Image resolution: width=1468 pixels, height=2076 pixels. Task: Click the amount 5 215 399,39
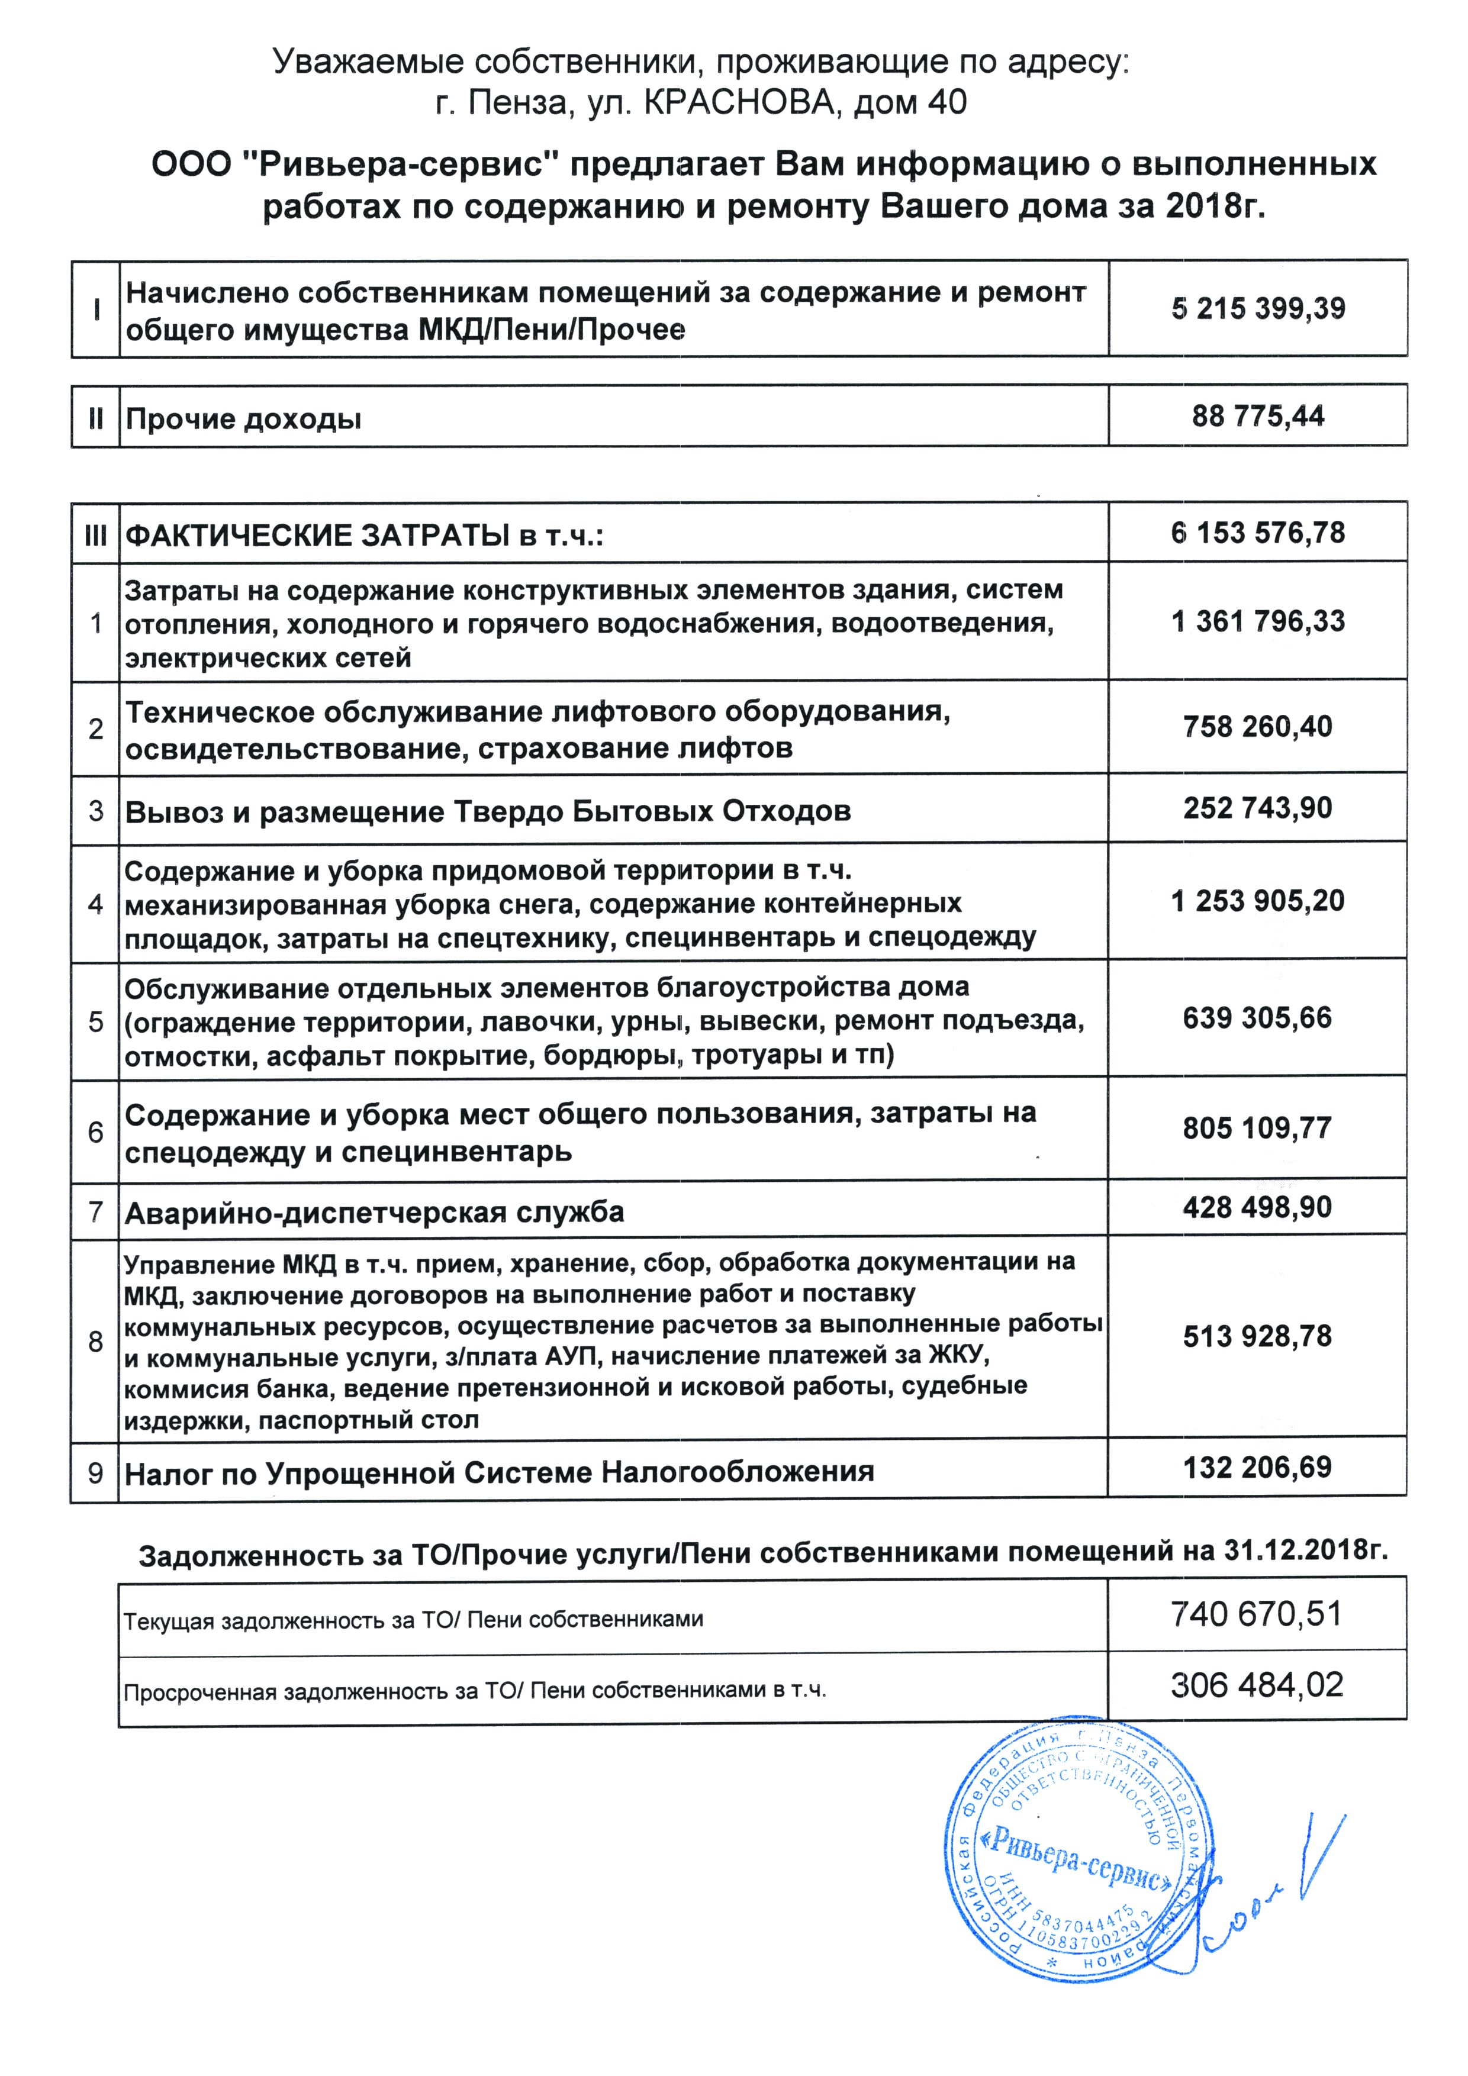[1257, 310]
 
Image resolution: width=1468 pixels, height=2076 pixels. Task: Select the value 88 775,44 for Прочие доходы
[1257, 417]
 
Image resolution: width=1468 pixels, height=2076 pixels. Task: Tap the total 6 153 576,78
[1257, 533]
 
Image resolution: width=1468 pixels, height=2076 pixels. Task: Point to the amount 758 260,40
[1257, 727]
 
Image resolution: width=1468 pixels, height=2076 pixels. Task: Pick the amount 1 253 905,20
[1257, 901]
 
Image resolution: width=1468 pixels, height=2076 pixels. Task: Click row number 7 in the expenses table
[96, 1211]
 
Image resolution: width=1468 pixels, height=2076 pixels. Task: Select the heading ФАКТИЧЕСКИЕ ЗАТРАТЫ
[317, 536]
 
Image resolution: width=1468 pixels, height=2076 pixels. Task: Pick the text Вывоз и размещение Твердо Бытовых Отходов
[488, 811]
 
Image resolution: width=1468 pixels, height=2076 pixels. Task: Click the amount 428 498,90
[1257, 1207]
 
